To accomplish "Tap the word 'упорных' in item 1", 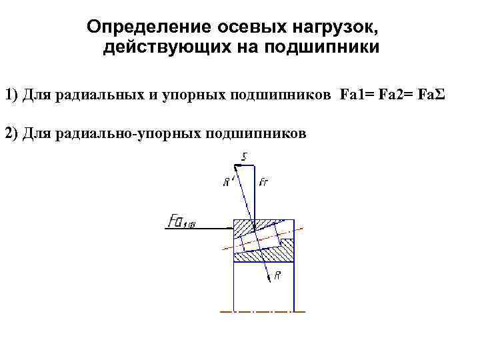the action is [194, 94].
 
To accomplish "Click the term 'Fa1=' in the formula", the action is [354, 94].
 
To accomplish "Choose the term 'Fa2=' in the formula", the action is [392, 94].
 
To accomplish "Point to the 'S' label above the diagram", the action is [245, 157].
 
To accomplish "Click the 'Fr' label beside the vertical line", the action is [263, 181].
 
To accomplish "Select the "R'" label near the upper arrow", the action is [228, 181].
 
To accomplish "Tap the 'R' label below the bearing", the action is [277, 275].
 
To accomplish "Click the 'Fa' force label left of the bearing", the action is [182, 221].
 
